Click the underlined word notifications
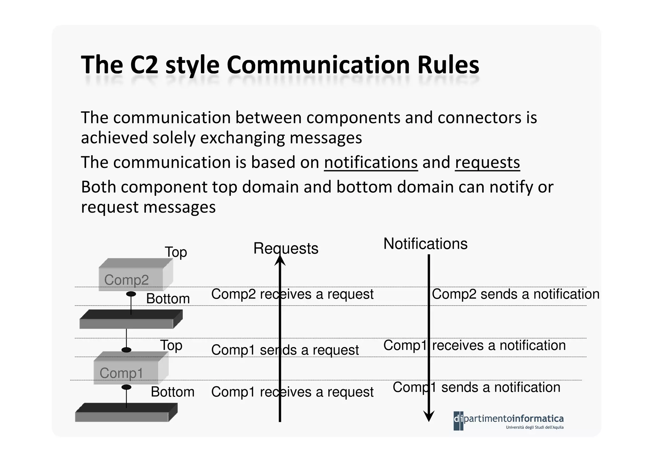click(371, 162)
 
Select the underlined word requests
click(487, 162)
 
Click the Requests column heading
click(286, 248)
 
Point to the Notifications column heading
click(425, 244)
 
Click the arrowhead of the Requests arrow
click(280, 260)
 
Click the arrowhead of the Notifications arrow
click(429, 416)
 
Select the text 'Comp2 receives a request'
click(292, 294)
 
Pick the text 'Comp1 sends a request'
click(285, 350)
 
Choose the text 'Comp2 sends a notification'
click(515, 294)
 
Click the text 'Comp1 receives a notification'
click(474, 345)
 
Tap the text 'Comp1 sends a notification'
click(476, 387)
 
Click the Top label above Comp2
click(176, 252)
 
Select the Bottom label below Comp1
click(172, 392)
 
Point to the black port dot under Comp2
click(131, 294)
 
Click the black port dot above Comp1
click(127, 350)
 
